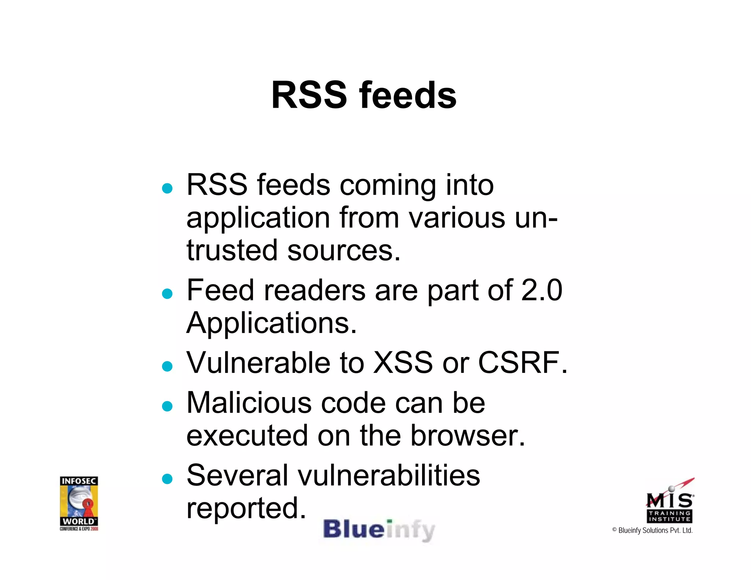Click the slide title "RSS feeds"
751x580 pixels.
pyautogui.click(x=364, y=95)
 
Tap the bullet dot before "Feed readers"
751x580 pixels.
pyautogui.click(x=167, y=294)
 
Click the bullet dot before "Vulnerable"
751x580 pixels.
pyautogui.click(x=167, y=366)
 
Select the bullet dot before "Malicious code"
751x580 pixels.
pyautogui.click(x=167, y=406)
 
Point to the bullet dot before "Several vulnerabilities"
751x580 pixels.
pyautogui.click(x=167, y=479)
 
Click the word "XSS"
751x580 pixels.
pyautogui.click(x=403, y=363)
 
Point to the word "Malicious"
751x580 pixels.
pyautogui.click(x=249, y=403)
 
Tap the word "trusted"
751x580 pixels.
pyautogui.click(x=232, y=250)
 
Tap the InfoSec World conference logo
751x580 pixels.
pyautogui.click(x=79, y=503)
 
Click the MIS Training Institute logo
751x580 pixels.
pyautogui.click(x=670, y=502)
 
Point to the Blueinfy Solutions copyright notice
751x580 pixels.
pyautogui.click(x=652, y=531)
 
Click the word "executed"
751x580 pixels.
pyautogui.click(x=247, y=436)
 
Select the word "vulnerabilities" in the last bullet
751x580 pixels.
pyautogui.click(x=389, y=475)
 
